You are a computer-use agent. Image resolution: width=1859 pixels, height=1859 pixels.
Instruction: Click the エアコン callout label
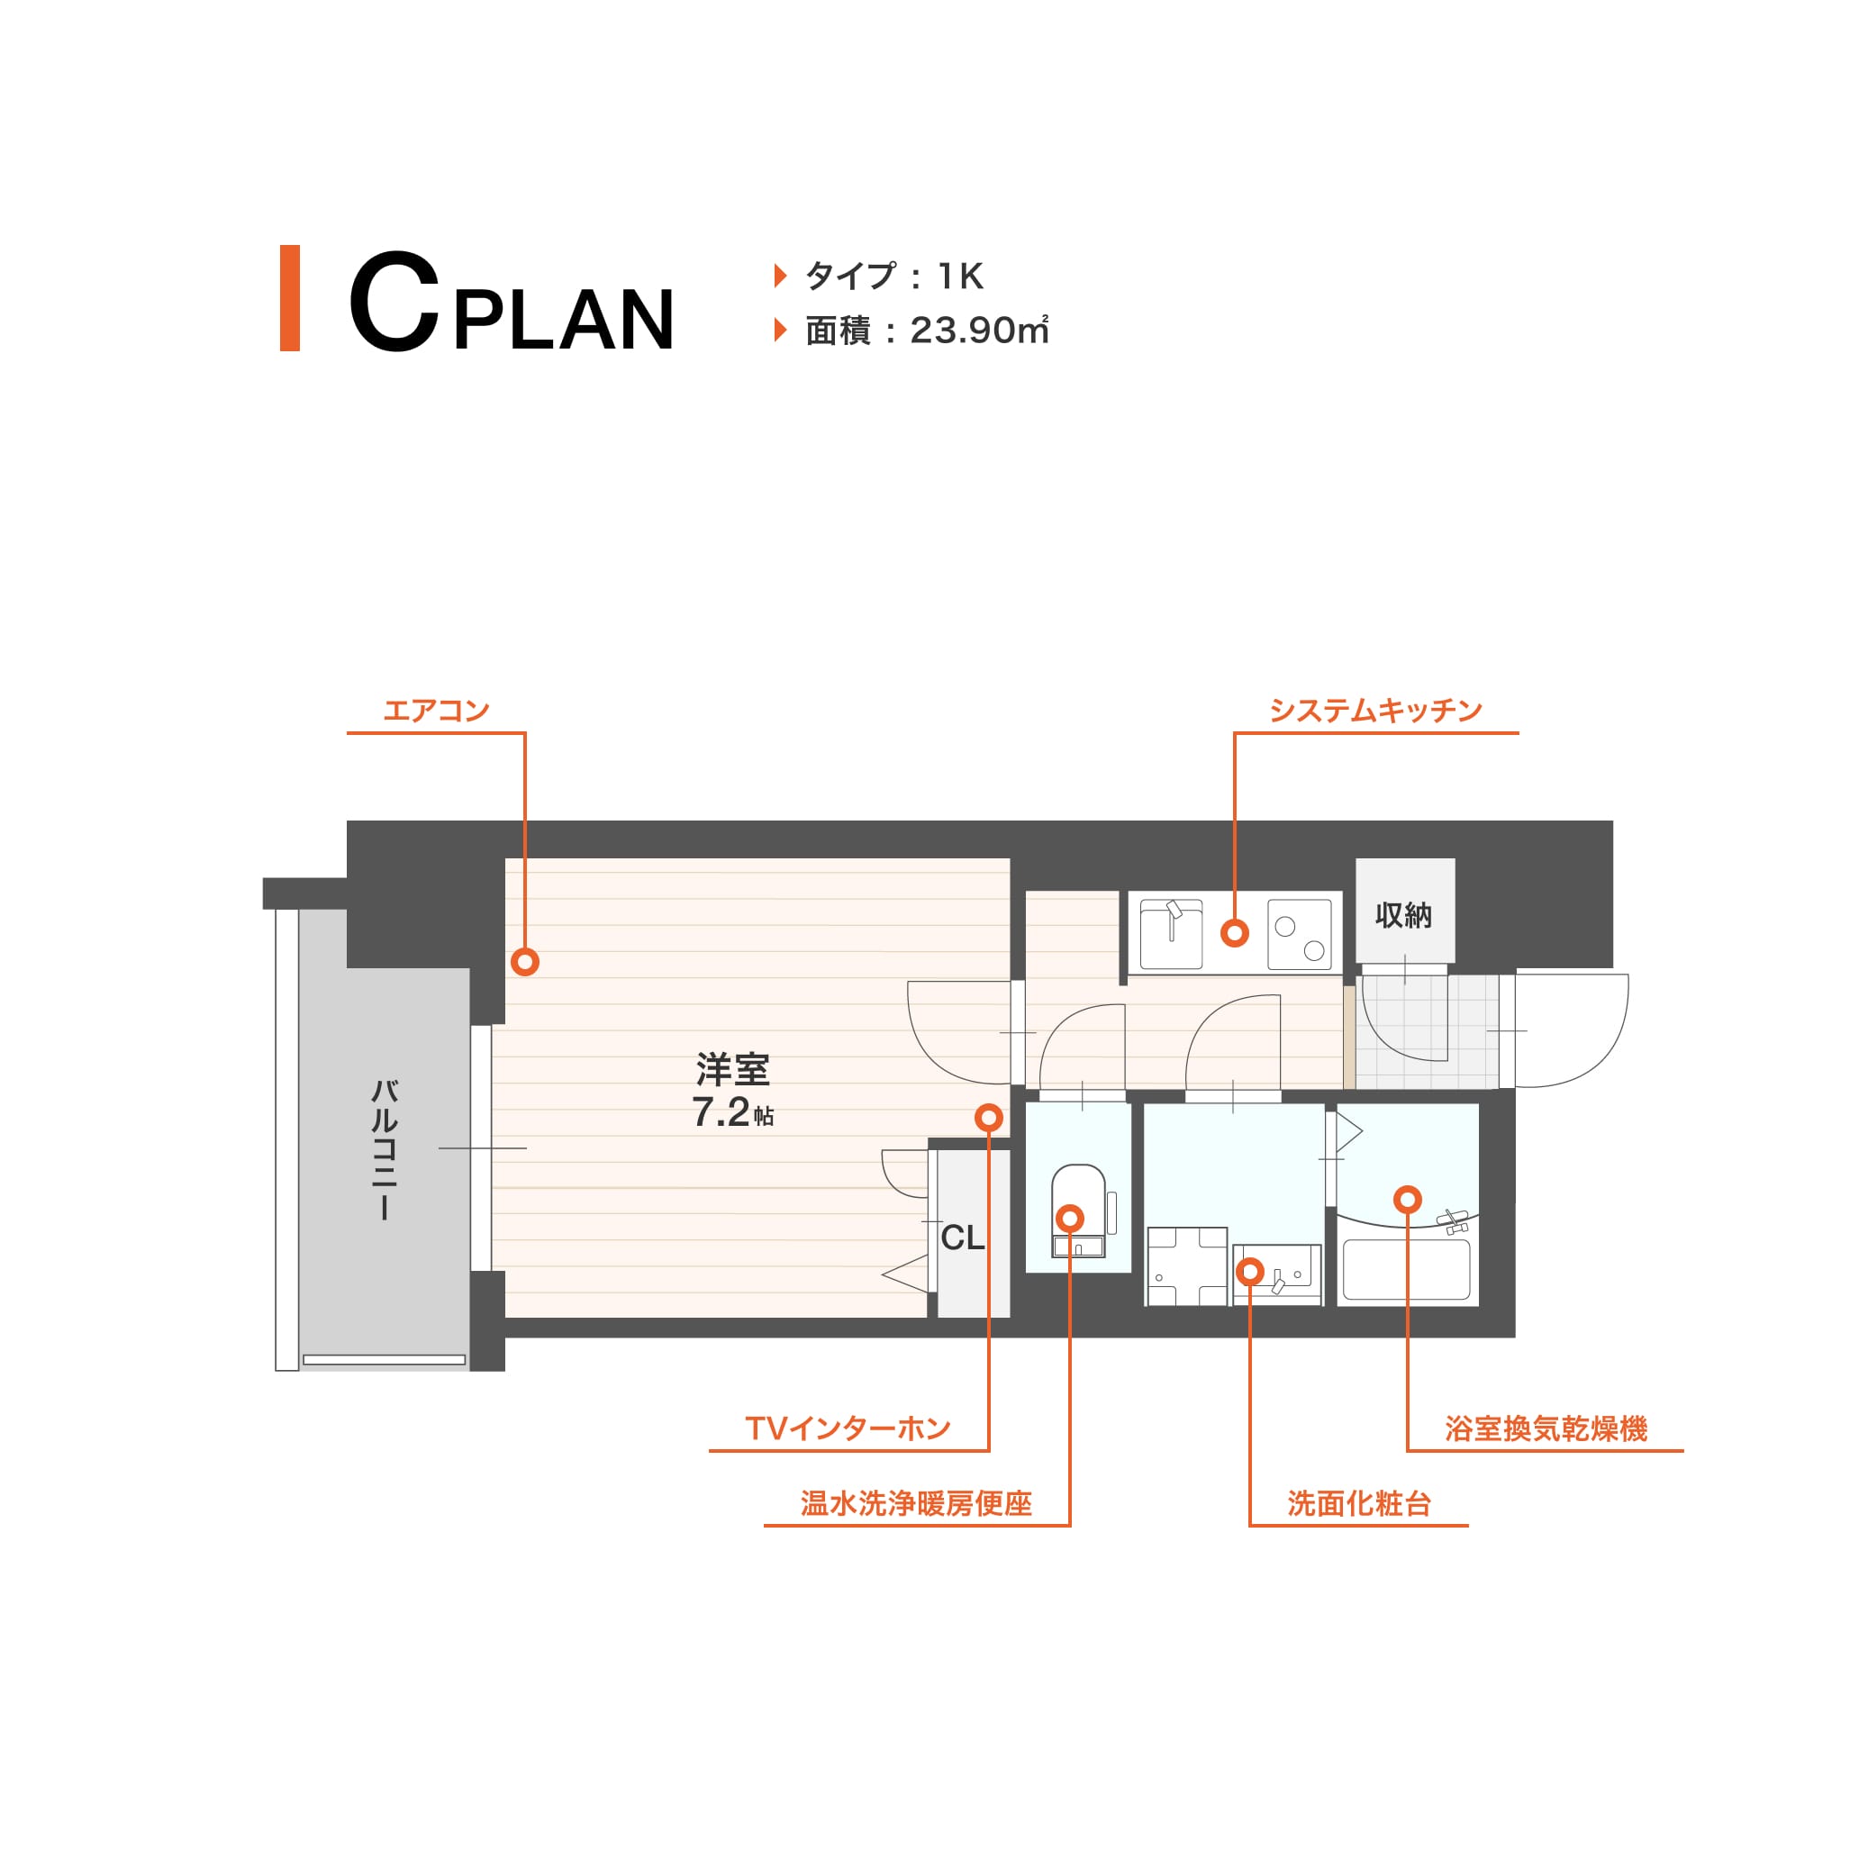click(436, 711)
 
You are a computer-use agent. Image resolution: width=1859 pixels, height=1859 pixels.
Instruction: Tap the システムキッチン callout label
click(1375, 711)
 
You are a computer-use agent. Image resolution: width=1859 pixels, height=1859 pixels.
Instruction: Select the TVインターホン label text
click(848, 1428)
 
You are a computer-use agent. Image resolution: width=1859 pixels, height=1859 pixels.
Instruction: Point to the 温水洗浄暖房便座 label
click(916, 1503)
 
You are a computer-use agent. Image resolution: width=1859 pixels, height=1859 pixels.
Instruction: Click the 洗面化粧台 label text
click(1358, 1503)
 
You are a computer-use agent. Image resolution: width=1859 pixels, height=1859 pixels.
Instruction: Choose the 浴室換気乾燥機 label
click(1546, 1428)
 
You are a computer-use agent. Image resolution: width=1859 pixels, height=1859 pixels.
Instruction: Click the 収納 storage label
click(1403, 915)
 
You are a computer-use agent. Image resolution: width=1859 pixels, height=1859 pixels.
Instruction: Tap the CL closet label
click(962, 1238)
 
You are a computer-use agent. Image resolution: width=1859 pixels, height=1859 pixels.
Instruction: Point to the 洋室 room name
click(732, 1069)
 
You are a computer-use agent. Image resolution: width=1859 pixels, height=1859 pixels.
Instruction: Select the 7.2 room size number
click(721, 1112)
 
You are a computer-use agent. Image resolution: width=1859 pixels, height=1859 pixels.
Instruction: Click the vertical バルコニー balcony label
click(384, 1150)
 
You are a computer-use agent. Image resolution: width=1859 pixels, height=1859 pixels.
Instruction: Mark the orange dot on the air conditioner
click(524, 961)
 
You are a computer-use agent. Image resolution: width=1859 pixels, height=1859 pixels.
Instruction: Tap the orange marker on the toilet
click(1069, 1218)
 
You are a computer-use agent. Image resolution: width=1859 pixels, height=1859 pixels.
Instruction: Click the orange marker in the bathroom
click(1407, 1199)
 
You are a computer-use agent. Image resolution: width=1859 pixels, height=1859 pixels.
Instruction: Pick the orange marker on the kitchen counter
click(1235, 932)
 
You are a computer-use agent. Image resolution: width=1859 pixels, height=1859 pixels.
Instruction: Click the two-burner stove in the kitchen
click(1299, 934)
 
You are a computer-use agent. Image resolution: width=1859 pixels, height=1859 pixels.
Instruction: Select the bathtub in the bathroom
click(1406, 1270)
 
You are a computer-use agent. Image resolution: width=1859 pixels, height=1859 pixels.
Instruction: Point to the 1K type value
click(960, 277)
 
